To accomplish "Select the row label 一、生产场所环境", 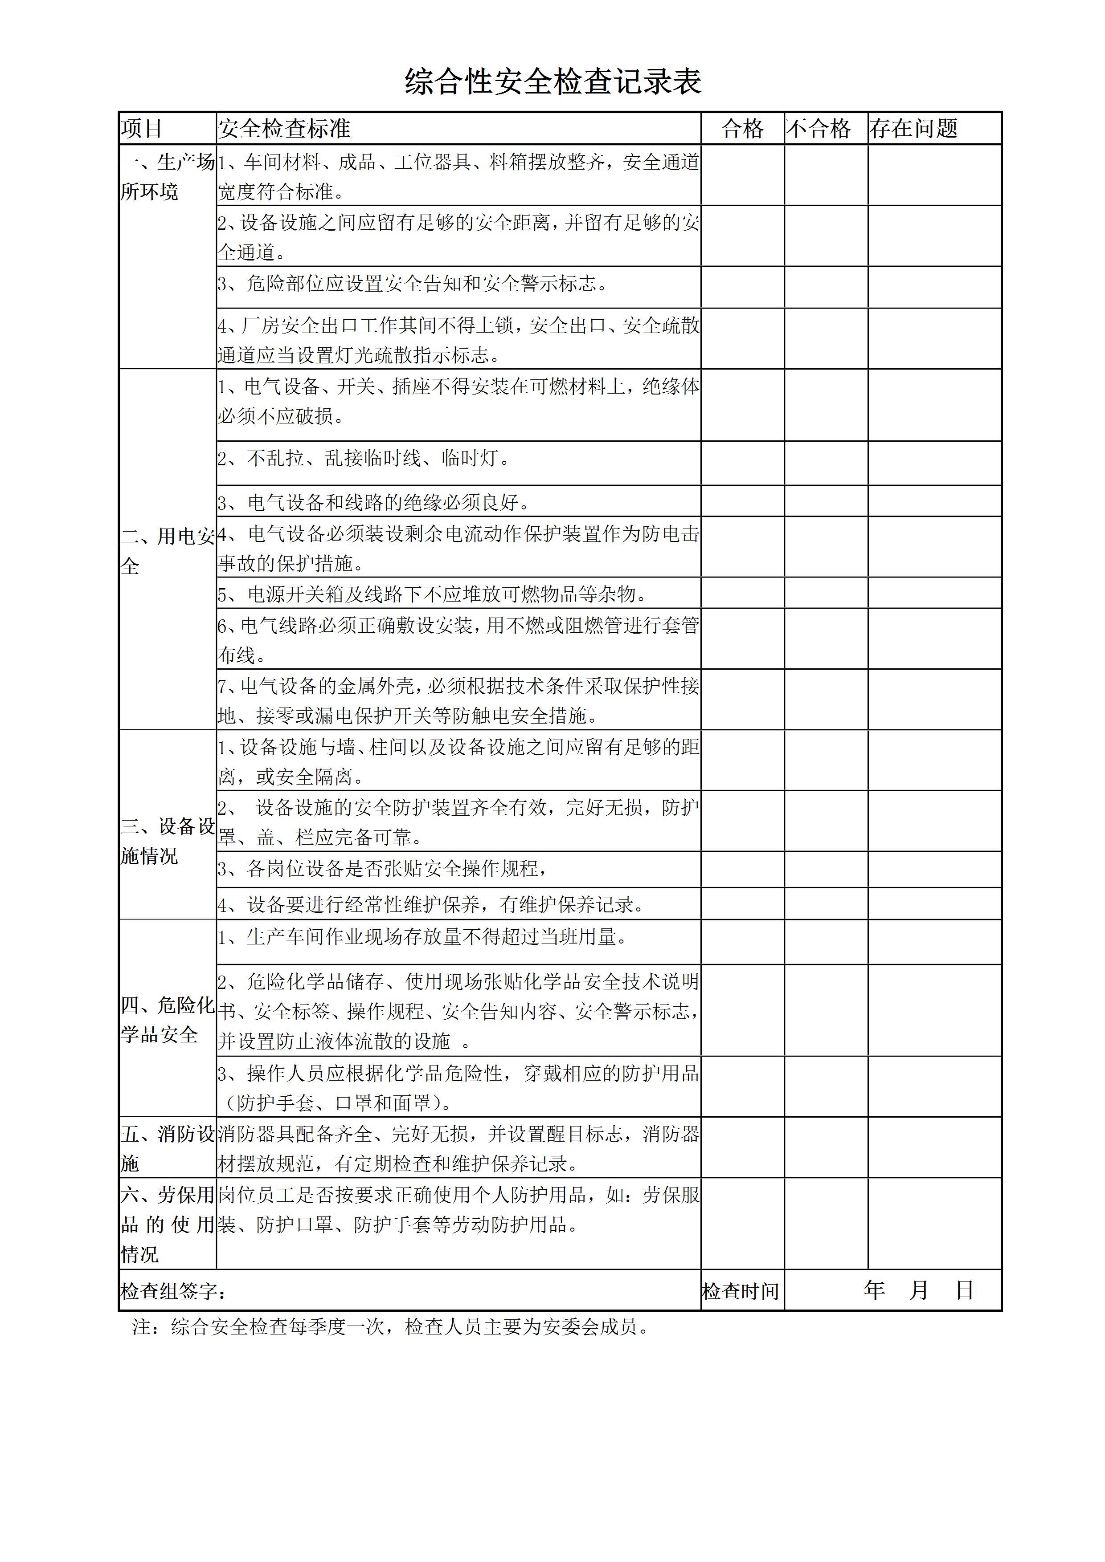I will pos(168,177).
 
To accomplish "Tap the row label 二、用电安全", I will pos(168,551).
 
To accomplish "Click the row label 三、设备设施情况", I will pos(168,841).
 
